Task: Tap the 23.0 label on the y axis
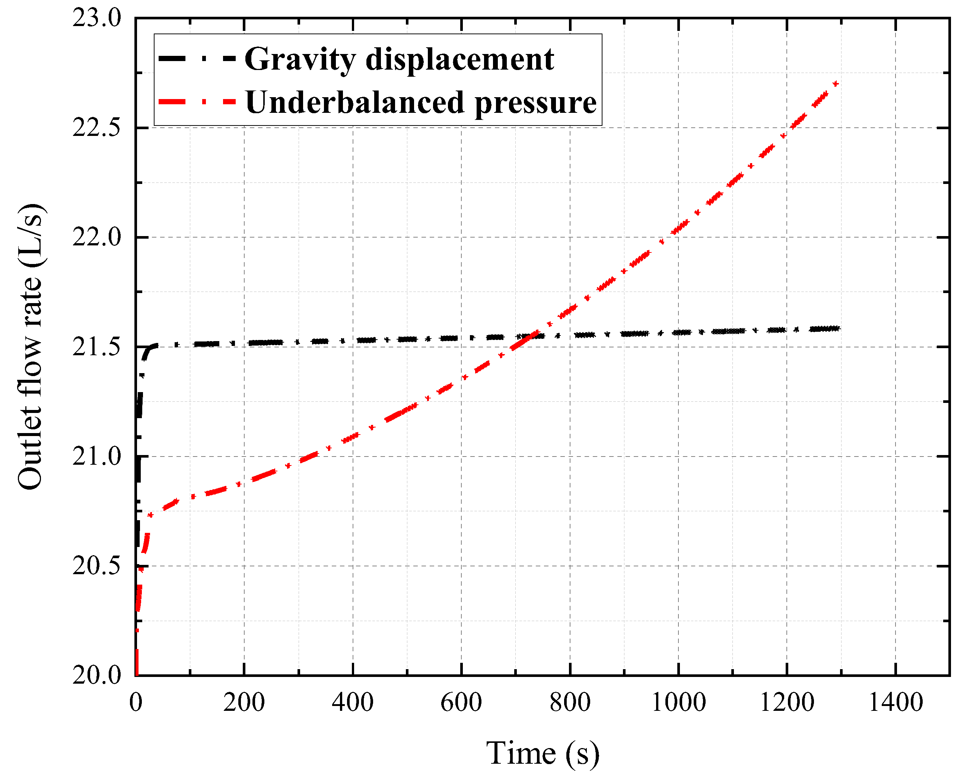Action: tap(97, 19)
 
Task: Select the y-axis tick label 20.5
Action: tap(97, 566)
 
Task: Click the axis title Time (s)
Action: tap(543, 753)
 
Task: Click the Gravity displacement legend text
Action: tap(399, 59)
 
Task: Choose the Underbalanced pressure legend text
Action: tap(421, 102)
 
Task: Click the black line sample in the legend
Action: tap(197, 59)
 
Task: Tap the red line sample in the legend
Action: tap(197, 102)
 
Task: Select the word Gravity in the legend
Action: tap(300, 60)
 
